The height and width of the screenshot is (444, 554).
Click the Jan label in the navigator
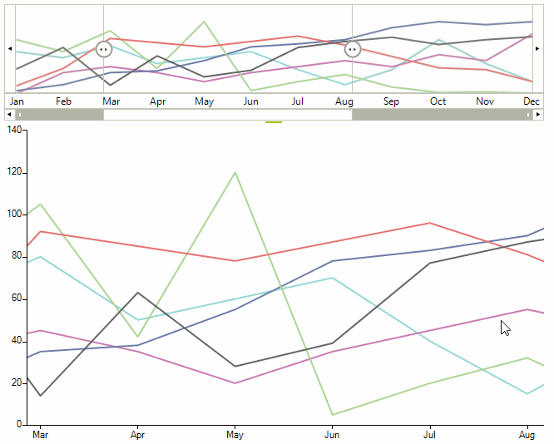(x=17, y=101)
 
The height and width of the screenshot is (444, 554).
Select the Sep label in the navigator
(x=391, y=101)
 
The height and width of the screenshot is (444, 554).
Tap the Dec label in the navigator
(x=531, y=101)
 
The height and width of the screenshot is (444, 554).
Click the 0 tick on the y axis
(x=20, y=424)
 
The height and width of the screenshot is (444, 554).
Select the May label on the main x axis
(x=235, y=435)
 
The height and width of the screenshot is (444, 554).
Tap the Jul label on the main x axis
(x=430, y=435)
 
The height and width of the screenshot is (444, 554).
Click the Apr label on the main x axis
(x=138, y=435)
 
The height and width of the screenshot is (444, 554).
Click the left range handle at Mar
(x=103, y=49)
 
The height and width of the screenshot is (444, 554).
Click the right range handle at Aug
(x=353, y=49)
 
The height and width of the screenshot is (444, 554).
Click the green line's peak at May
(x=235, y=173)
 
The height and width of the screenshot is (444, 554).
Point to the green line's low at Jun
(x=333, y=414)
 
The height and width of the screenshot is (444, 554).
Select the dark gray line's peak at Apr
(x=138, y=293)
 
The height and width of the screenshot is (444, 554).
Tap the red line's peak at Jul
(x=430, y=223)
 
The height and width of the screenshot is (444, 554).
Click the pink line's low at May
(x=235, y=382)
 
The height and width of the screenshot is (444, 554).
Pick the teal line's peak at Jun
(x=333, y=278)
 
